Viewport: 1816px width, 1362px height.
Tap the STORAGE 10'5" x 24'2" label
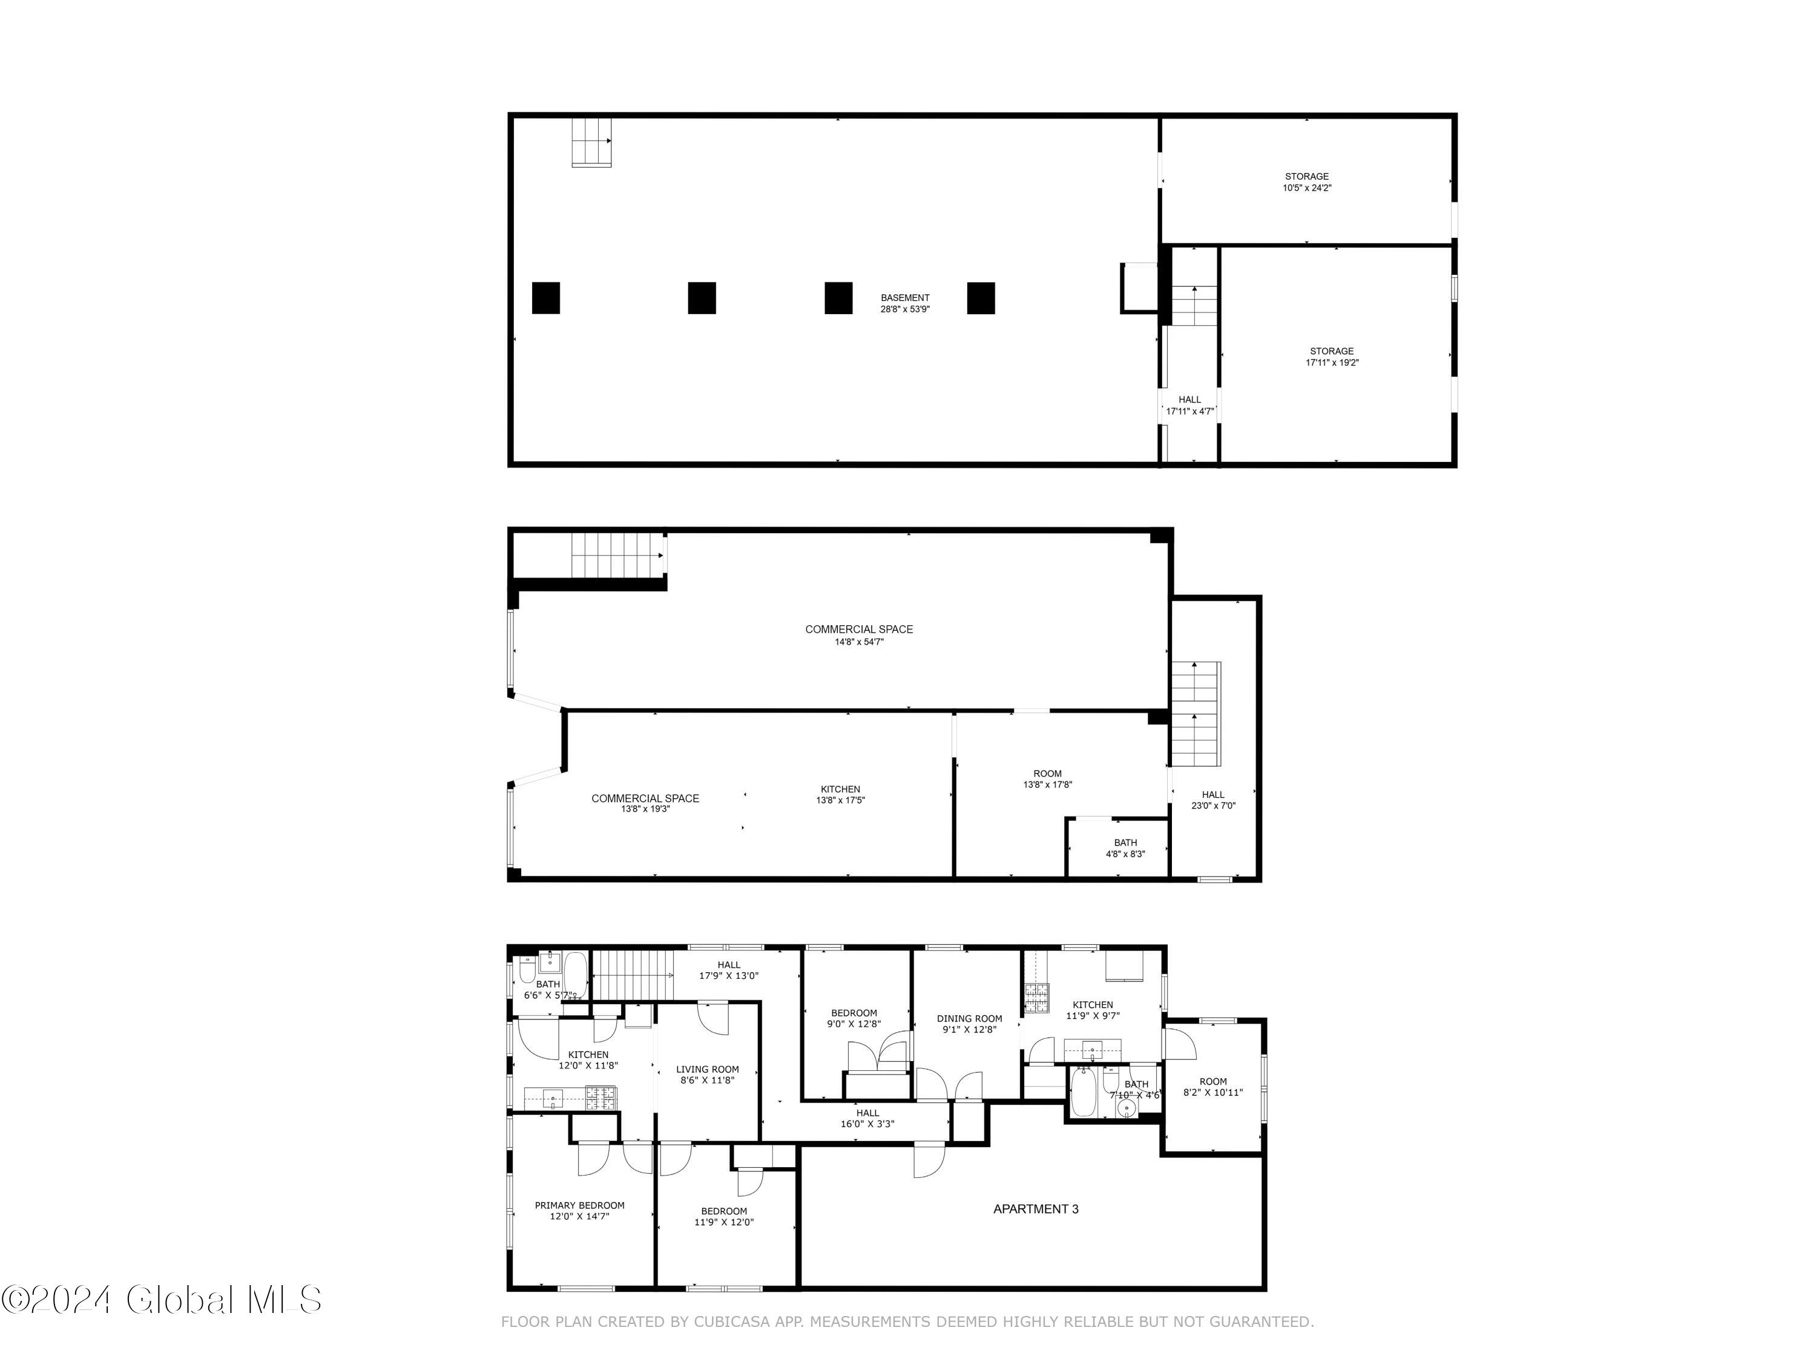1307,182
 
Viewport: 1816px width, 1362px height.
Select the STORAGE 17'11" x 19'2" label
1332,357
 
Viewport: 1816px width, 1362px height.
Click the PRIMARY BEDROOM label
580,1211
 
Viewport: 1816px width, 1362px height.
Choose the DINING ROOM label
970,1024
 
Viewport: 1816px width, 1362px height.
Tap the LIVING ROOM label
708,1074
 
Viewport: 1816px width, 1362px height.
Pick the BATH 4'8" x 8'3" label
1125,848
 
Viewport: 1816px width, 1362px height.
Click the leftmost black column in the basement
546,298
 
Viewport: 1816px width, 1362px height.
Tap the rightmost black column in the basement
981,298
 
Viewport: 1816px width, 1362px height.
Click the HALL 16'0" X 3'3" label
867,1118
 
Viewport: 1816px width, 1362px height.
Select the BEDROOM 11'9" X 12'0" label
724,1217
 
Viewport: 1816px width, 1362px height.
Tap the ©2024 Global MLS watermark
162,1300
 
